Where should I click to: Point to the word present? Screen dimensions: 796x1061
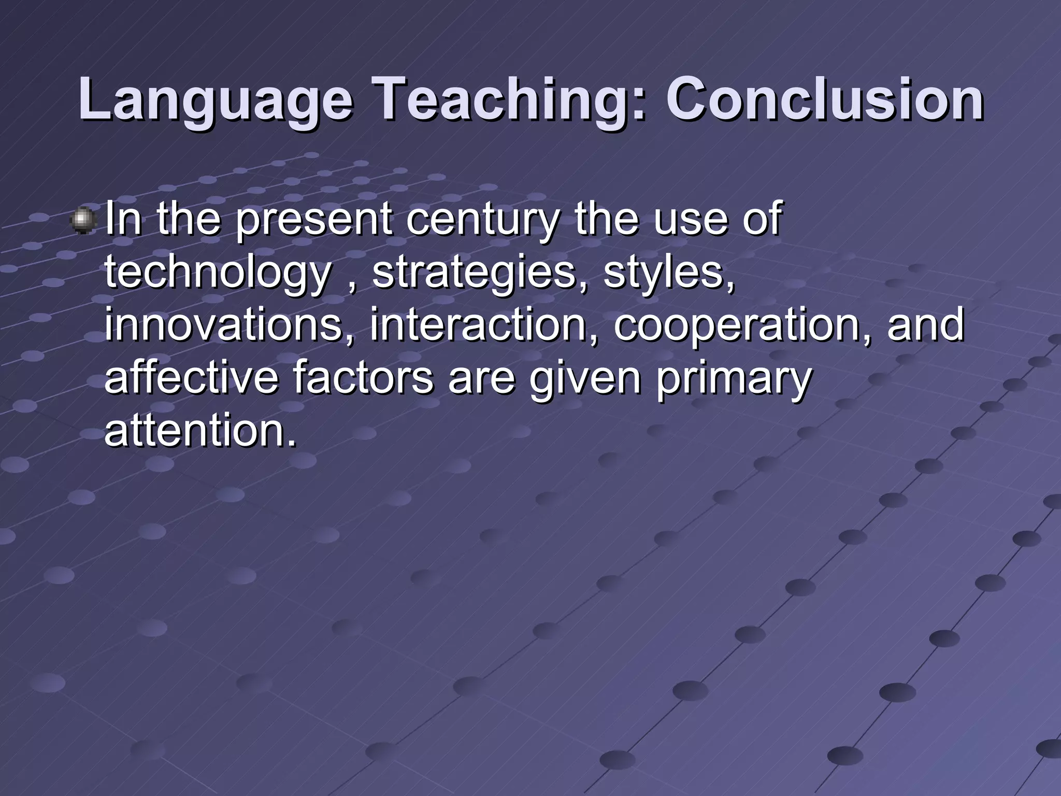tap(314, 220)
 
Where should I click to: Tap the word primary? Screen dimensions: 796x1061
tap(733, 378)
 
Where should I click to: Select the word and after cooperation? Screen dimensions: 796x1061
tap(925, 325)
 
